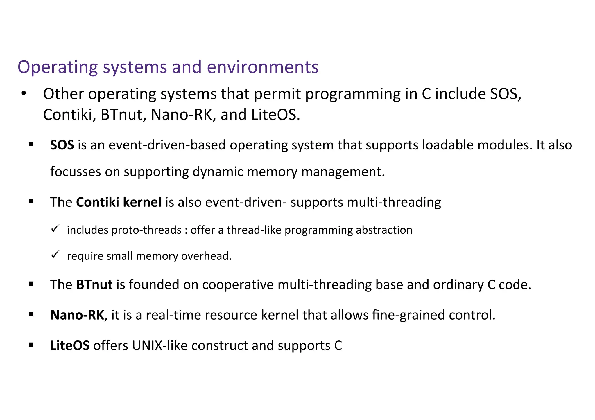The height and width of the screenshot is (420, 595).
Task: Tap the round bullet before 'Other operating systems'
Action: click(x=24, y=94)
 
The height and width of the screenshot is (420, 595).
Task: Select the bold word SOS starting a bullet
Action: click(x=62, y=145)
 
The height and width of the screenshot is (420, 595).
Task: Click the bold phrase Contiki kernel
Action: click(x=119, y=202)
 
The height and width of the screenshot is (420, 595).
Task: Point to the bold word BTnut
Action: click(x=94, y=284)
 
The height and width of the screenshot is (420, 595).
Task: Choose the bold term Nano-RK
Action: click(x=77, y=315)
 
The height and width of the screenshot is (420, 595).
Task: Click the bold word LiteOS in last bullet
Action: click(x=70, y=345)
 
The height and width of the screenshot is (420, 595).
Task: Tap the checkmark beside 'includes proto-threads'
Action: click(x=55, y=228)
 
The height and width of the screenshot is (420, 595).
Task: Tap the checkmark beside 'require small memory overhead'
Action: click(x=55, y=255)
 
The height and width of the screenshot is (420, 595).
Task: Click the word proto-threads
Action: click(x=146, y=230)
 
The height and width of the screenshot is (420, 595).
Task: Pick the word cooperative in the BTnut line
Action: click(x=238, y=284)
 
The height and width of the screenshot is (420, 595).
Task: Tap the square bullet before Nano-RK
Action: click(x=31, y=314)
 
